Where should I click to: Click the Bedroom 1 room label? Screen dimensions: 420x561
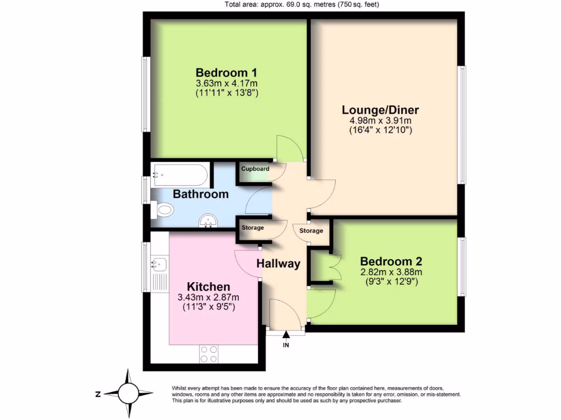tap(226, 72)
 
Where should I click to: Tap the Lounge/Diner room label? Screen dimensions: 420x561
tap(380, 110)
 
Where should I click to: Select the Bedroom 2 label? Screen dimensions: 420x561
tap(391, 261)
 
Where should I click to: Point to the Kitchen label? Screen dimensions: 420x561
tap(208, 287)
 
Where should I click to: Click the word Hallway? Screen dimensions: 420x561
tap(278, 264)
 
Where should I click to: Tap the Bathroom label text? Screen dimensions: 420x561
tap(201, 194)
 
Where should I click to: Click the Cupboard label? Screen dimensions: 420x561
tap(255, 169)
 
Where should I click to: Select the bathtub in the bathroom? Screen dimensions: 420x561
tap(180, 176)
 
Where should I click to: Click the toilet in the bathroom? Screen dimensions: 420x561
tap(163, 209)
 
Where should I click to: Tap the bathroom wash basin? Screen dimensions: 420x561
tap(208, 220)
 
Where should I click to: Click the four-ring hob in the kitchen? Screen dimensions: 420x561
tap(208, 354)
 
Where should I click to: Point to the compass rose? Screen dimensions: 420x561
tap(129, 393)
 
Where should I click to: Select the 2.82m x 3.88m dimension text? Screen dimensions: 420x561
tap(391, 272)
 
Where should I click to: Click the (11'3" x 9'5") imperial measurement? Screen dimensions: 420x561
tap(208, 307)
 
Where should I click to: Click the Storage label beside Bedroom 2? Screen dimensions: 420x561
tap(311, 231)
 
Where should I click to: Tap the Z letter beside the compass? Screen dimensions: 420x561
tap(97, 394)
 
